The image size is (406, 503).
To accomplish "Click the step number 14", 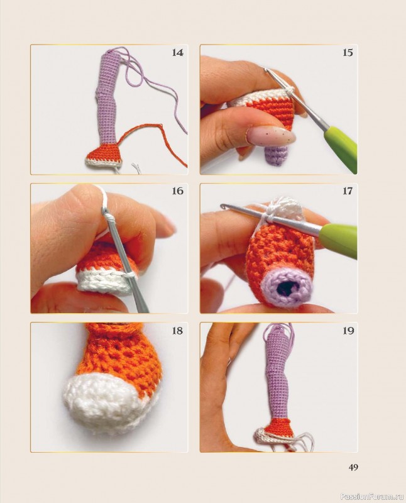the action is [178, 53].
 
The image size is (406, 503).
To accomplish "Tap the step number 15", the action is [348, 53].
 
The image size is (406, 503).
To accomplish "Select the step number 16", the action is [178, 191].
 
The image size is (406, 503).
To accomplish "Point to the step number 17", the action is [348, 191].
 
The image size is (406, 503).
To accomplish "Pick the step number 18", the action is [178, 331].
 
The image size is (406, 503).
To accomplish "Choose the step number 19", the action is [348, 331].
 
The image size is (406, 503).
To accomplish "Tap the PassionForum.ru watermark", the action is [372, 497].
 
